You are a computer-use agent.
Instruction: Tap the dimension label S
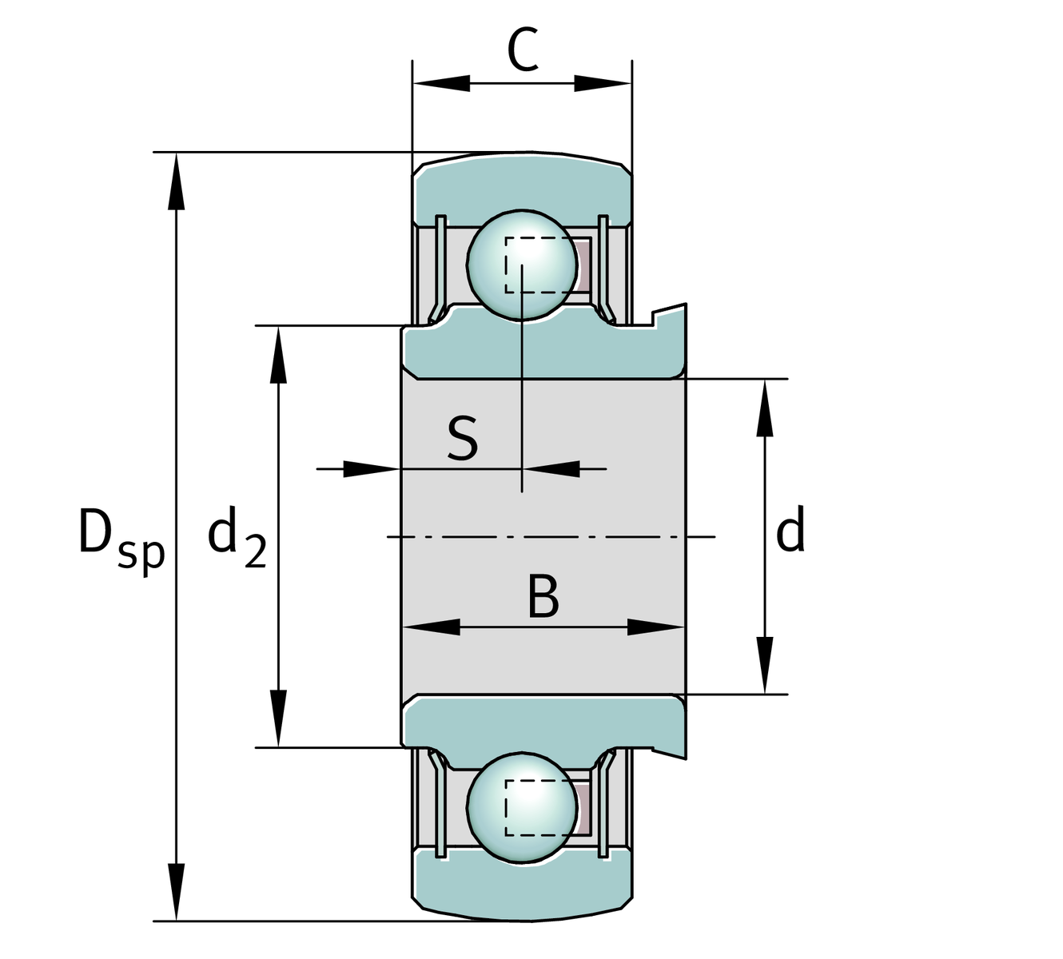(x=463, y=439)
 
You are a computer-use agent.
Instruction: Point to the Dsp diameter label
(x=120, y=535)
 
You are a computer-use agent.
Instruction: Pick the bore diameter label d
(x=790, y=533)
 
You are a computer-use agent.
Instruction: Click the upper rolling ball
(x=521, y=265)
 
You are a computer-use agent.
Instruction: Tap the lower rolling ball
(x=521, y=808)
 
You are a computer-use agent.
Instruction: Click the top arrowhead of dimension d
(x=765, y=408)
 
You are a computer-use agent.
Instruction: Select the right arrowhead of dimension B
(x=655, y=627)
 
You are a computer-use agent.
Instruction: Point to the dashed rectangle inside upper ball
(x=540, y=265)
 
